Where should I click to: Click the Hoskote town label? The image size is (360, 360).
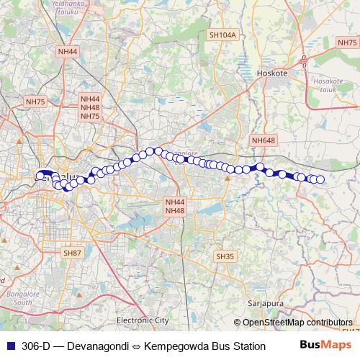[x=271, y=73]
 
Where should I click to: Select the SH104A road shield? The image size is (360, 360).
[x=222, y=35]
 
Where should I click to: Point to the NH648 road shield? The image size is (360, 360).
[x=263, y=140]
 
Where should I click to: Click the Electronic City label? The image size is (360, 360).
[x=143, y=319]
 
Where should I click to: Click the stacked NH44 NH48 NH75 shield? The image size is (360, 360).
[x=90, y=107]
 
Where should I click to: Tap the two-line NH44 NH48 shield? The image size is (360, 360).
[x=175, y=207]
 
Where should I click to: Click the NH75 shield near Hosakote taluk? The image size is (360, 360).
[x=348, y=43]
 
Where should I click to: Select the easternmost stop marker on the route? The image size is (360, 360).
[x=320, y=179]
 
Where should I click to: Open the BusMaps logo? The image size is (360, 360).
[x=325, y=346]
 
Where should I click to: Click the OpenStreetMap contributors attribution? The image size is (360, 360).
[x=297, y=323]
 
